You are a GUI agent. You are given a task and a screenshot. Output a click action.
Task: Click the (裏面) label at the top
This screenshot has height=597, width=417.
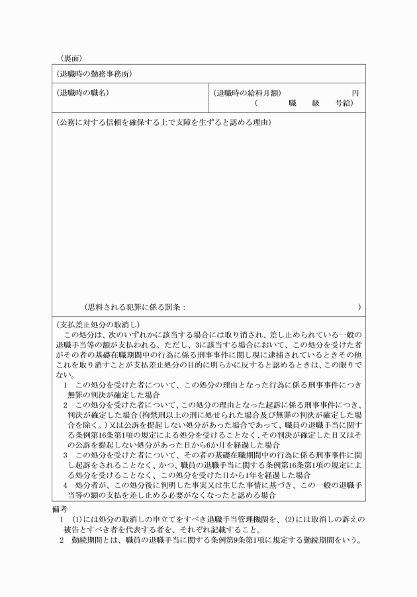(66, 58)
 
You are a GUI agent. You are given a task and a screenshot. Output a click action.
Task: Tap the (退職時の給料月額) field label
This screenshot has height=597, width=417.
(248, 93)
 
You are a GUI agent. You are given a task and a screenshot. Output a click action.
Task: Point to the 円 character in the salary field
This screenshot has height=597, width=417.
(355, 93)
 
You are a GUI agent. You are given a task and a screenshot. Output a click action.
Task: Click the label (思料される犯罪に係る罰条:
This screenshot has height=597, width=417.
(135, 307)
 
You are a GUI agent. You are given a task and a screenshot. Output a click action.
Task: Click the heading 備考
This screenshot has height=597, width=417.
(60, 510)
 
